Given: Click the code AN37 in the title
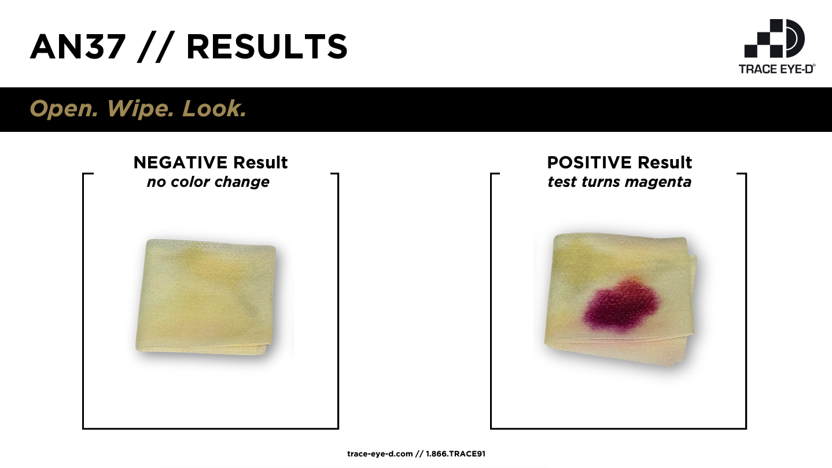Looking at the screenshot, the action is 78,47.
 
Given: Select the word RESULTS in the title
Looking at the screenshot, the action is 267,47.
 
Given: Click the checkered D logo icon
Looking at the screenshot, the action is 774,38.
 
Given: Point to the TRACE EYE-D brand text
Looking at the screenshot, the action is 776,69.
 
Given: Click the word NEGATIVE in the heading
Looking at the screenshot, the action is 181,163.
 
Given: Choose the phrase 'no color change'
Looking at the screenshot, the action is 208,182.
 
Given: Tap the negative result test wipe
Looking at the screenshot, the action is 206,297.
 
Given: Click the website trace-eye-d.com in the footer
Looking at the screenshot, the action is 380,454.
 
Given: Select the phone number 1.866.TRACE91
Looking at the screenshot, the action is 456,454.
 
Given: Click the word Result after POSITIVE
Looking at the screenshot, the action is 665,163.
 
